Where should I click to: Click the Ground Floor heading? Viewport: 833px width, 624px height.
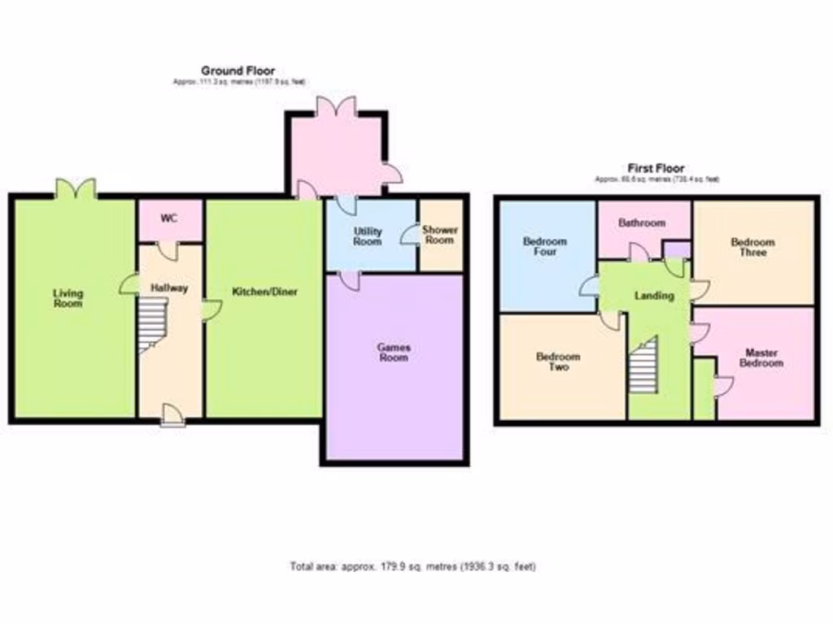(238, 71)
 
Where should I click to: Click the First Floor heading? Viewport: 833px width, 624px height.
(656, 168)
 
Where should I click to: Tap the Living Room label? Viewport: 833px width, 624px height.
(68, 298)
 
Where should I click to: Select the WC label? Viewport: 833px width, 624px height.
(168, 218)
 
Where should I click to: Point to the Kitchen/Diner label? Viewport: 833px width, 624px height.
(265, 292)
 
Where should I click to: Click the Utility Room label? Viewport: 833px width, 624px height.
(368, 236)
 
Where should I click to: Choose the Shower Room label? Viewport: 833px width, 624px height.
(439, 235)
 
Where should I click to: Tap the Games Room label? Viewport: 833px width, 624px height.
(394, 352)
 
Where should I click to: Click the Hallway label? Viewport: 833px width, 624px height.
(169, 288)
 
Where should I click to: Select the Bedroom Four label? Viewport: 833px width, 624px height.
(545, 247)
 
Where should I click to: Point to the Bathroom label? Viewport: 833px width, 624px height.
(642, 223)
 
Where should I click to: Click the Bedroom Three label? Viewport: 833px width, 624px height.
(752, 247)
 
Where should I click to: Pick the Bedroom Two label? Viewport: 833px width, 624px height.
(558, 362)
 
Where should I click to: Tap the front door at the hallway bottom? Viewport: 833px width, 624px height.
(172, 415)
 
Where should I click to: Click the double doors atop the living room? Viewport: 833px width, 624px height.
(76, 189)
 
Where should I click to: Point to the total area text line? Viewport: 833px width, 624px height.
(413, 566)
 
